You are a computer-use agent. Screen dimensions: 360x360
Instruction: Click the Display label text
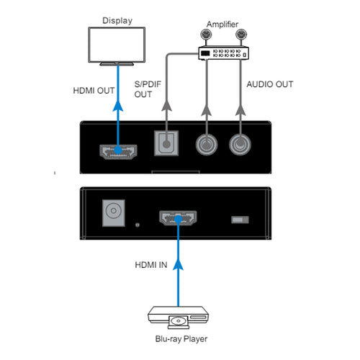[x=117, y=21]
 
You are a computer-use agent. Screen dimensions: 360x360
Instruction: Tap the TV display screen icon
[x=117, y=46]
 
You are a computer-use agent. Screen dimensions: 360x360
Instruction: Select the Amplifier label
[x=222, y=24]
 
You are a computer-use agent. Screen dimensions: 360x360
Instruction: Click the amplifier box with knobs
[x=223, y=53]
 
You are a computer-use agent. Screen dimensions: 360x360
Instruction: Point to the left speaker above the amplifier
[x=206, y=35]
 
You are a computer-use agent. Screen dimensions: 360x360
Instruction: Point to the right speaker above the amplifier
[x=241, y=35]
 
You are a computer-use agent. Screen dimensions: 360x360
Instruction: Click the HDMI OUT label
[x=94, y=91]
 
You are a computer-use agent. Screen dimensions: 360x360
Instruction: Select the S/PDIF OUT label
[x=148, y=89]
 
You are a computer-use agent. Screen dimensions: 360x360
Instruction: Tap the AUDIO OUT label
[x=270, y=84]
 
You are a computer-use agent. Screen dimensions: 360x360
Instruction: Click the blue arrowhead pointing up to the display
[x=118, y=106]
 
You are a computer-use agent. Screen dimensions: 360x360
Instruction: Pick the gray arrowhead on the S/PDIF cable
[x=166, y=106]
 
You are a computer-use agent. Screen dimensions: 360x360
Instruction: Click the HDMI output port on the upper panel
[x=118, y=152]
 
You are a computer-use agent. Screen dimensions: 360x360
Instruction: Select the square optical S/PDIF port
[x=166, y=143]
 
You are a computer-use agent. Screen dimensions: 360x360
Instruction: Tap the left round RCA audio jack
[x=207, y=145]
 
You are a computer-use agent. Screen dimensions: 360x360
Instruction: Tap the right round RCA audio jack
[x=240, y=145]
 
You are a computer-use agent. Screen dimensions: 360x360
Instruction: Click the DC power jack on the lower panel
[x=114, y=213]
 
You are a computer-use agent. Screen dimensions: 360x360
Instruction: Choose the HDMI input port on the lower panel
[x=178, y=218]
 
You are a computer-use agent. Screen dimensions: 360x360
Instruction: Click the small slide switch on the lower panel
[x=240, y=220]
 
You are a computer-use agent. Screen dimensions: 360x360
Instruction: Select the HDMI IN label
[x=151, y=265]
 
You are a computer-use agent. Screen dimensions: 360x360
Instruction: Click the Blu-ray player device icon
[x=178, y=318]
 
